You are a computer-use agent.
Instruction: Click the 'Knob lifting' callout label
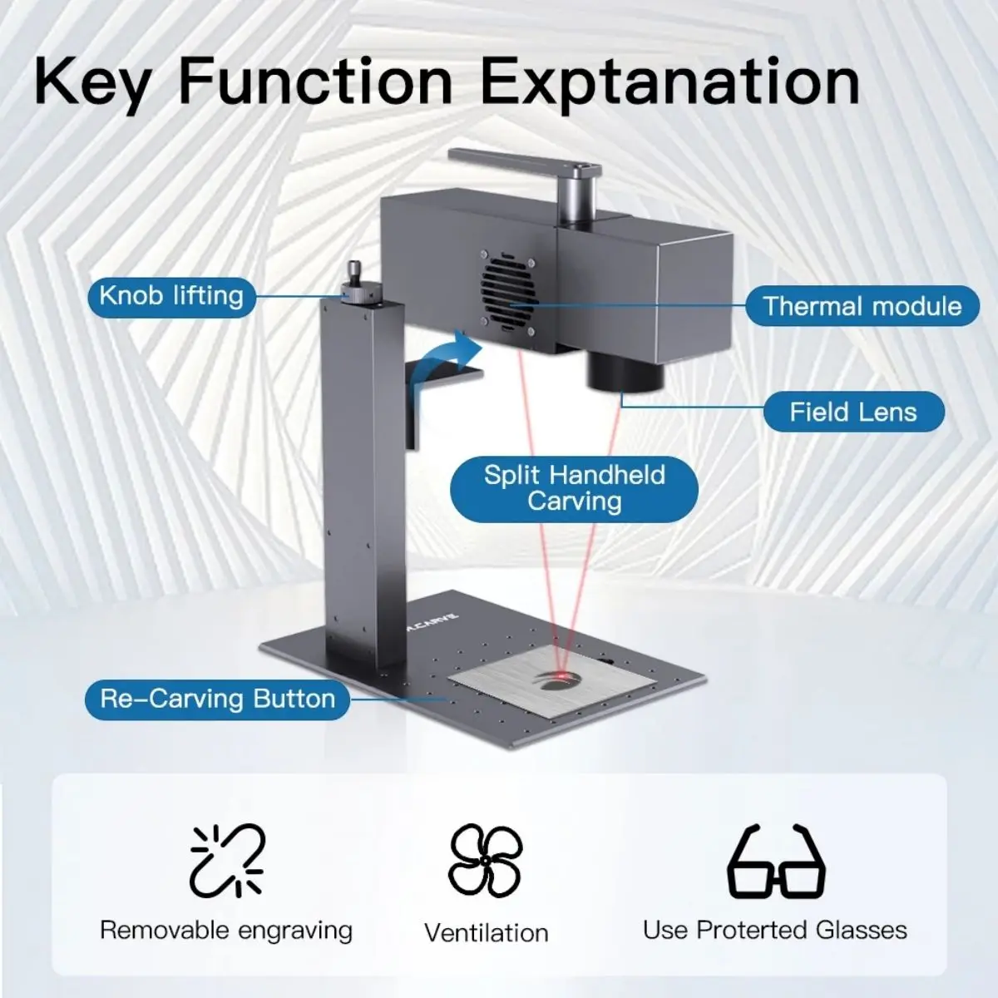[x=172, y=297]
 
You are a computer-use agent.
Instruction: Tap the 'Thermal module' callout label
[x=862, y=306]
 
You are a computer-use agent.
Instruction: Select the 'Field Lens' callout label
[x=853, y=413]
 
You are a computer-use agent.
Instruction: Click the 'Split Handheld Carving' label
[x=575, y=489]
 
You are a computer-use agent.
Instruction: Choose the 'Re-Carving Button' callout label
[x=218, y=699]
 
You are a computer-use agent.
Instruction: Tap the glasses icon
[x=777, y=862]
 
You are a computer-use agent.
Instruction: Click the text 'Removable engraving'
[x=226, y=930]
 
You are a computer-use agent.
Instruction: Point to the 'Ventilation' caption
[x=487, y=933]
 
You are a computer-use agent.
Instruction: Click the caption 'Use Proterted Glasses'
[x=775, y=930]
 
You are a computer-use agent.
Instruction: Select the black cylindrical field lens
[x=625, y=372]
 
